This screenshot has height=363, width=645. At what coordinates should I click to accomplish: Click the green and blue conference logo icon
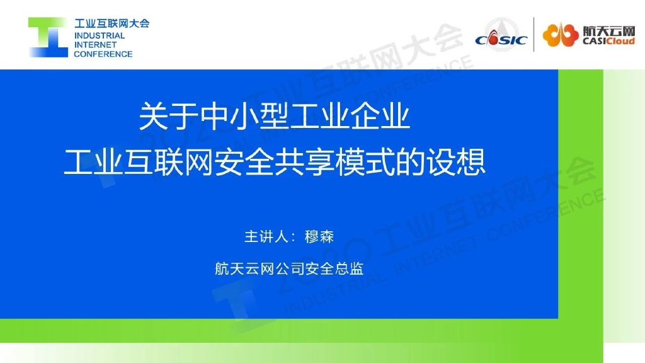click(47, 37)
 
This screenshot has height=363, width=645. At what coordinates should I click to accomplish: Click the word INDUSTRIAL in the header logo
click(100, 36)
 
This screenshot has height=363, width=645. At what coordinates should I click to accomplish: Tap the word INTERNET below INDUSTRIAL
click(95, 45)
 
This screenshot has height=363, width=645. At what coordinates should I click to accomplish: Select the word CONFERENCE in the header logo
click(103, 54)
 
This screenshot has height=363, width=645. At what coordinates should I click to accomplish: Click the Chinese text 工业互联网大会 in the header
click(111, 24)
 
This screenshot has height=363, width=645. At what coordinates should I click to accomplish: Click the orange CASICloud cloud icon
click(560, 35)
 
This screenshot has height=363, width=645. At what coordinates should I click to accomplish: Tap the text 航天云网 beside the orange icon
click(608, 30)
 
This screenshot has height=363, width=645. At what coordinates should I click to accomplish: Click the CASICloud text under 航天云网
click(608, 42)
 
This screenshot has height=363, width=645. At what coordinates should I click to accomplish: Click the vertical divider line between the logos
click(534, 35)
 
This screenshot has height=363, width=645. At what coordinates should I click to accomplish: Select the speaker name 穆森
click(319, 236)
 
